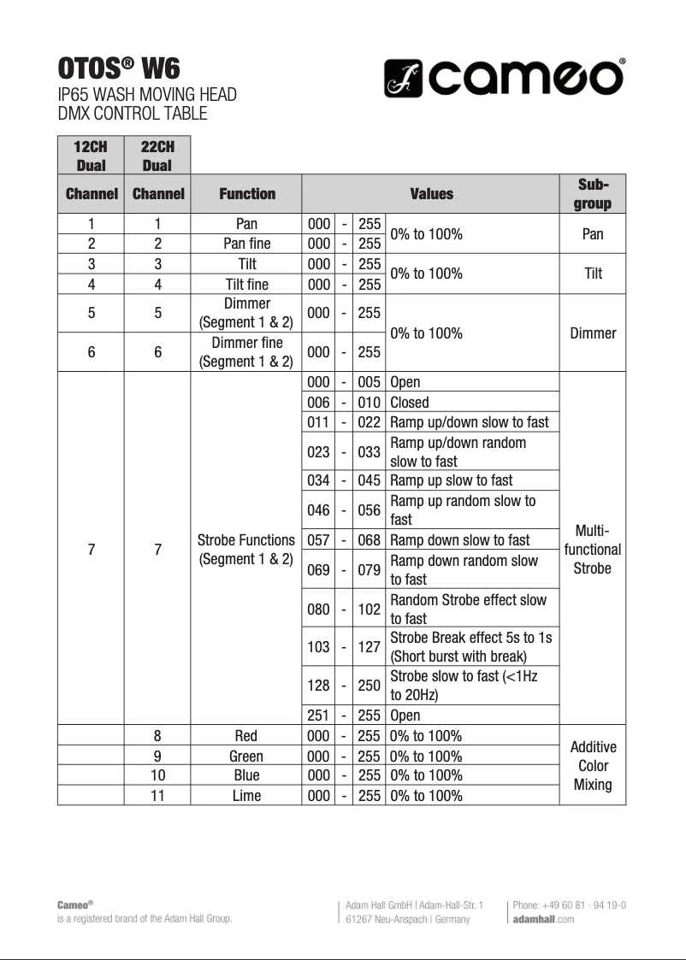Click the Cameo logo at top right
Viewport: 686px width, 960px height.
click(504, 79)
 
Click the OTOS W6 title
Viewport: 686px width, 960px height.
click(119, 68)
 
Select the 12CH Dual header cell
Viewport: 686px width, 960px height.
click(91, 156)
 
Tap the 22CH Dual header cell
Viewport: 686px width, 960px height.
click(157, 156)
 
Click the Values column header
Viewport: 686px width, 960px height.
click(431, 194)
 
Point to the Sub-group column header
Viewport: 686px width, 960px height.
click(592, 194)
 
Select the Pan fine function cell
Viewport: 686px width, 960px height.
click(246, 244)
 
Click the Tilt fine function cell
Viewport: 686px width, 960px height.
click(246, 285)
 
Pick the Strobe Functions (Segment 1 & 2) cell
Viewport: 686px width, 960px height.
click(246, 550)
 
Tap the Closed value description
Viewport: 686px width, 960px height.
click(410, 403)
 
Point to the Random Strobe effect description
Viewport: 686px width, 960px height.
click(468, 609)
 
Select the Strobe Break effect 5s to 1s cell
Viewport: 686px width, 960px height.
click(470, 647)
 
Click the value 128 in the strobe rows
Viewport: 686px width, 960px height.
click(318, 686)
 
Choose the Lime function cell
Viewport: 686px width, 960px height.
click(246, 796)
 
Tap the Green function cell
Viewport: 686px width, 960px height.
click(246, 757)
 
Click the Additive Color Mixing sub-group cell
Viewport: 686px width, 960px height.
click(592, 766)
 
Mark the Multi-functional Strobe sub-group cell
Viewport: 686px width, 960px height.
click(592, 550)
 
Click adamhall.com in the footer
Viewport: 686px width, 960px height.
click(543, 919)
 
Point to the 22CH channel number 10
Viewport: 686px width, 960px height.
click(157, 776)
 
